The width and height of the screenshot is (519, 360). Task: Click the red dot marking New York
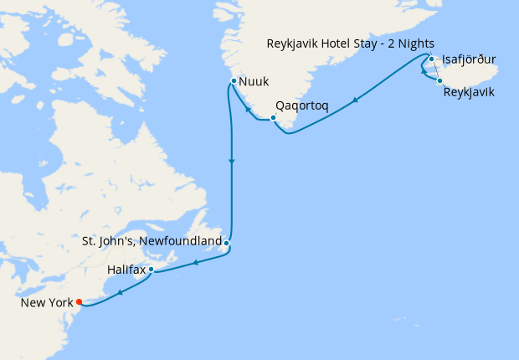click(79, 301)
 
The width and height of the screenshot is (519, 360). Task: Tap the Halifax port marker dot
click(152, 270)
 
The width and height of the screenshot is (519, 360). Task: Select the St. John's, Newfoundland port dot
click(227, 244)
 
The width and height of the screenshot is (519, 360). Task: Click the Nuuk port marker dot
click(234, 80)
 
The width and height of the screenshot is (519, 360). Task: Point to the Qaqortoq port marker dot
click(274, 117)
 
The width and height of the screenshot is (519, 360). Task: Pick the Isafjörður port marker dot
click(431, 59)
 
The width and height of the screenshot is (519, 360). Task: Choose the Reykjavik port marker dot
click(439, 80)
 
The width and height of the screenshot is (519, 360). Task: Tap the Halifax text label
click(126, 270)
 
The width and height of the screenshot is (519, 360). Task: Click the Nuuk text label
click(254, 82)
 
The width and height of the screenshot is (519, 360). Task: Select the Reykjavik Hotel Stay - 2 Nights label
click(350, 44)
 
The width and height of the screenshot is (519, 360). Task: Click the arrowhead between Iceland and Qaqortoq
click(356, 100)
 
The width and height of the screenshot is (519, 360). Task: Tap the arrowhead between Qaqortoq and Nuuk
click(248, 110)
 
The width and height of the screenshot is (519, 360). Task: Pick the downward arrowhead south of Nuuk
click(231, 161)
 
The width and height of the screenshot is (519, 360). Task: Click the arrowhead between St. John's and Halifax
click(195, 263)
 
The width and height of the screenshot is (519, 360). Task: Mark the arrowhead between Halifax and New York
click(121, 292)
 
